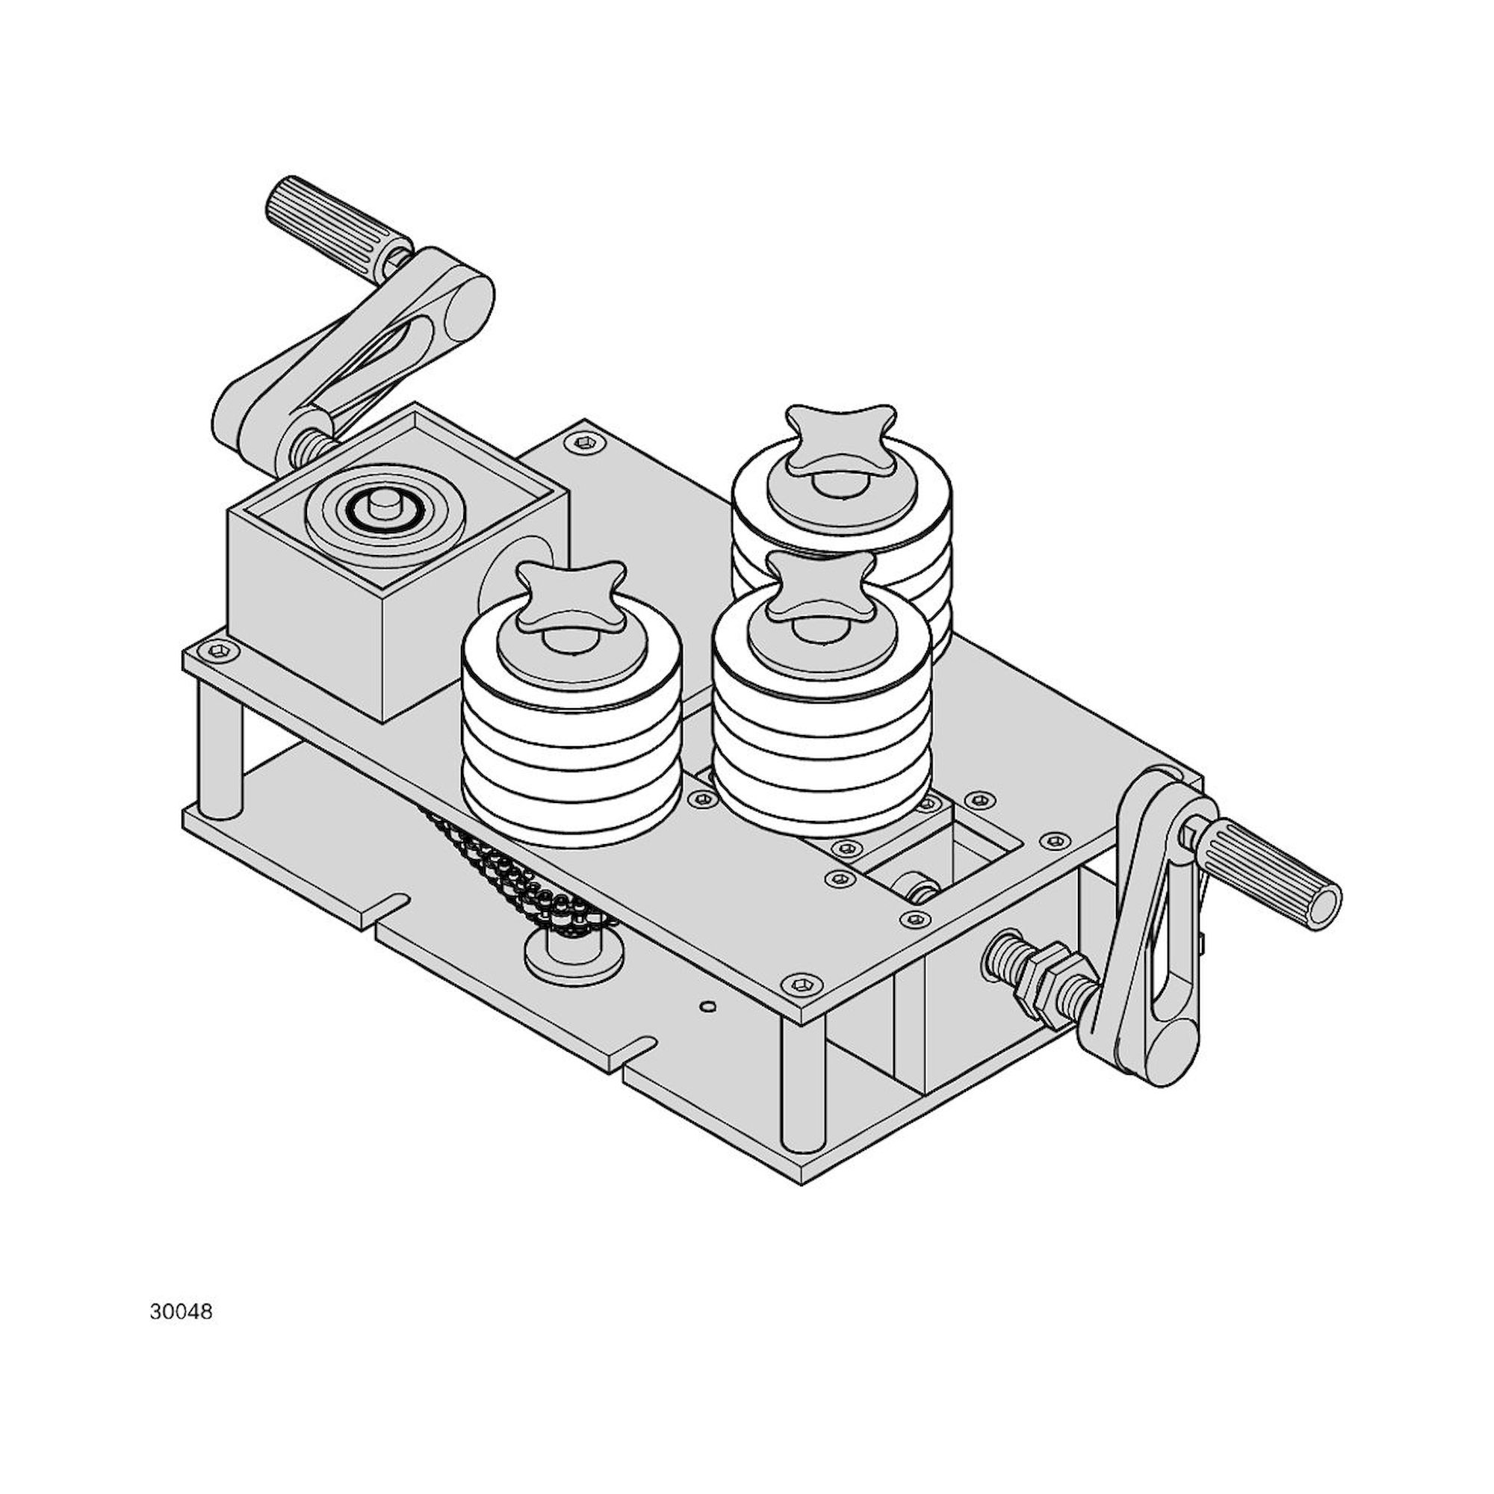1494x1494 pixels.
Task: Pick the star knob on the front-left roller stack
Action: [571, 596]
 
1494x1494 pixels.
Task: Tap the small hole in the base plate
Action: [706, 1006]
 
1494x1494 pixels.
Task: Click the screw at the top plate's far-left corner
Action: [221, 652]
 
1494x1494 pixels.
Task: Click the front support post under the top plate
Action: [802, 1082]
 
